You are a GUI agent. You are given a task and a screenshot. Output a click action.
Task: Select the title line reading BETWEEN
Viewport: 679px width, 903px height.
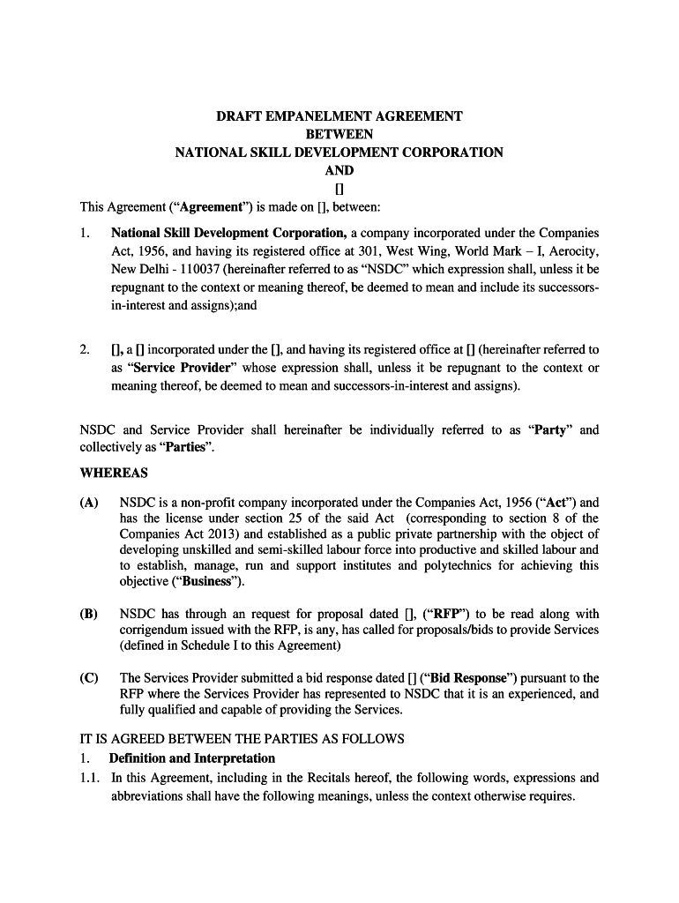point(339,134)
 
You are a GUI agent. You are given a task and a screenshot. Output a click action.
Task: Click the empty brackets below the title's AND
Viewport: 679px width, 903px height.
point(339,189)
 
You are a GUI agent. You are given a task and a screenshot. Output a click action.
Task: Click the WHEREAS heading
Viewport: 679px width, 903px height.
point(114,474)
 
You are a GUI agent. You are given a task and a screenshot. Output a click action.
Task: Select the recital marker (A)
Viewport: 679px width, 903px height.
point(89,502)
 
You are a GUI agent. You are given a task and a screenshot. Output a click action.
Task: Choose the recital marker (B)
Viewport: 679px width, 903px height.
point(89,614)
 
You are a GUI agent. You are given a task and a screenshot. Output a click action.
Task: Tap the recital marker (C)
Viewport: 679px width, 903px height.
point(89,678)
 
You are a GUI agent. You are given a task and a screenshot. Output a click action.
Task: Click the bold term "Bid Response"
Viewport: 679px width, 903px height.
point(468,678)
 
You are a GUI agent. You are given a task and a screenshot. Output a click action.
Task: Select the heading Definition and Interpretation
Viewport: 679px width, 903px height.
point(192,758)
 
